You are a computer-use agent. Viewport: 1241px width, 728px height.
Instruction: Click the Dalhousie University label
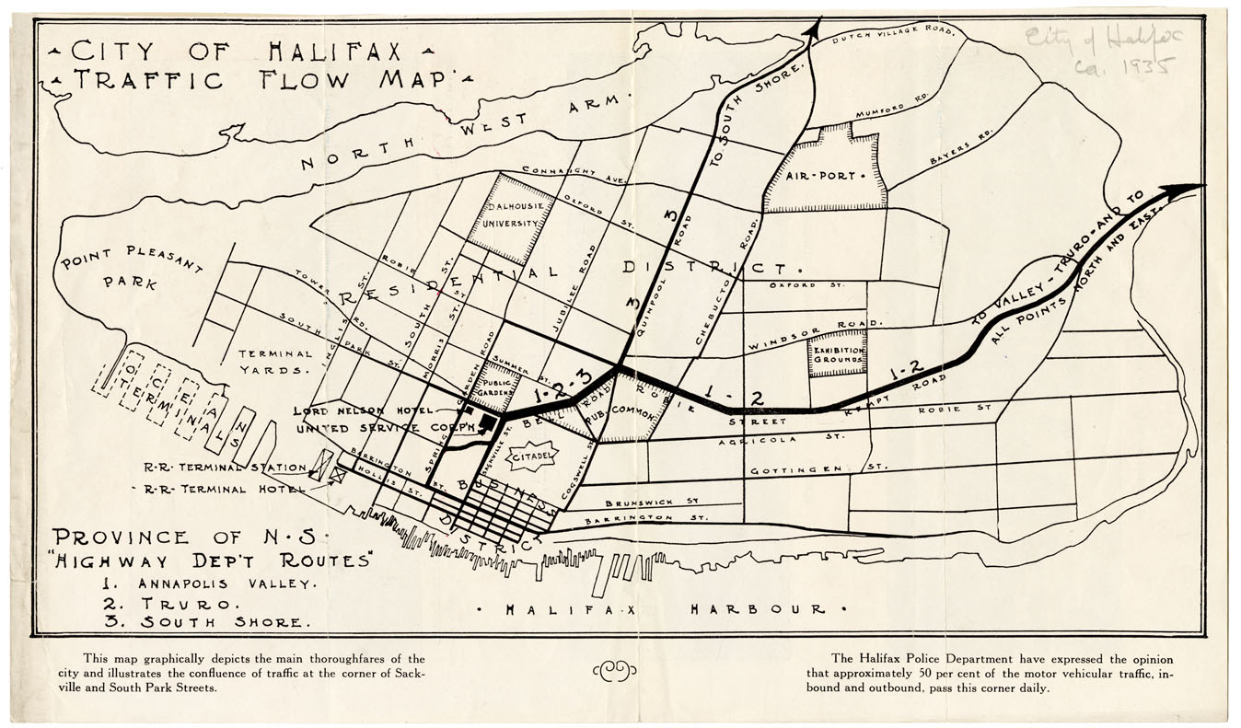[x=513, y=215]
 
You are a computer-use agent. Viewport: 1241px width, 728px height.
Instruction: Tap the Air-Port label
[x=821, y=174]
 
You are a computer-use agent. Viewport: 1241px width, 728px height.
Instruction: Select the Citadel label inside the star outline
[x=533, y=455]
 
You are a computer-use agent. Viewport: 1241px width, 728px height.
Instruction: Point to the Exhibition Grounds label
[x=837, y=356]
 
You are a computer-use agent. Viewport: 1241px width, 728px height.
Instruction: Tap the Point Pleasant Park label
[x=131, y=268]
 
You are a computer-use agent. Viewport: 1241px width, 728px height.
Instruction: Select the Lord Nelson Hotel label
[x=351, y=410]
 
